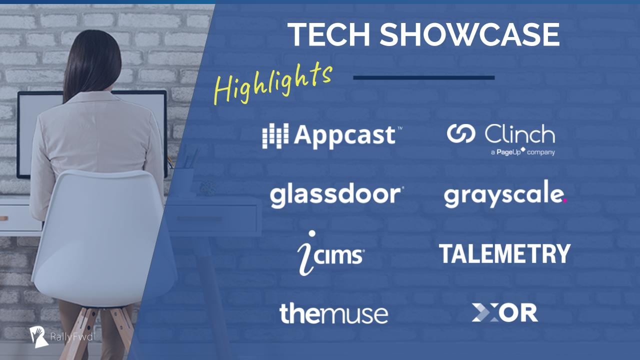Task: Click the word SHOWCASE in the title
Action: [x=469, y=34]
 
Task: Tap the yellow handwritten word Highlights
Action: [x=273, y=83]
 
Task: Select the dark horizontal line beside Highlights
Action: [x=424, y=77]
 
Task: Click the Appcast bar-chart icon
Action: [x=275, y=136]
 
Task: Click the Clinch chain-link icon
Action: [x=461, y=133]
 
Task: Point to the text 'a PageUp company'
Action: [x=523, y=151]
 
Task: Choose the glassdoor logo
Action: [x=337, y=196]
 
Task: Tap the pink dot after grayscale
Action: [x=565, y=200]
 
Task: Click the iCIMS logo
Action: [x=331, y=253]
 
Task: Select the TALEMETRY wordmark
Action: [x=504, y=253]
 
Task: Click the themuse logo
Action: [x=333, y=313]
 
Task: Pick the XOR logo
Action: [x=505, y=312]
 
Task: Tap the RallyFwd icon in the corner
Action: [x=38, y=337]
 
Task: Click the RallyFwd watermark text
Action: [x=71, y=337]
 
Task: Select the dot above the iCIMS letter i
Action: [x=312, y=233]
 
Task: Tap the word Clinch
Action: [x=520, y=133]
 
